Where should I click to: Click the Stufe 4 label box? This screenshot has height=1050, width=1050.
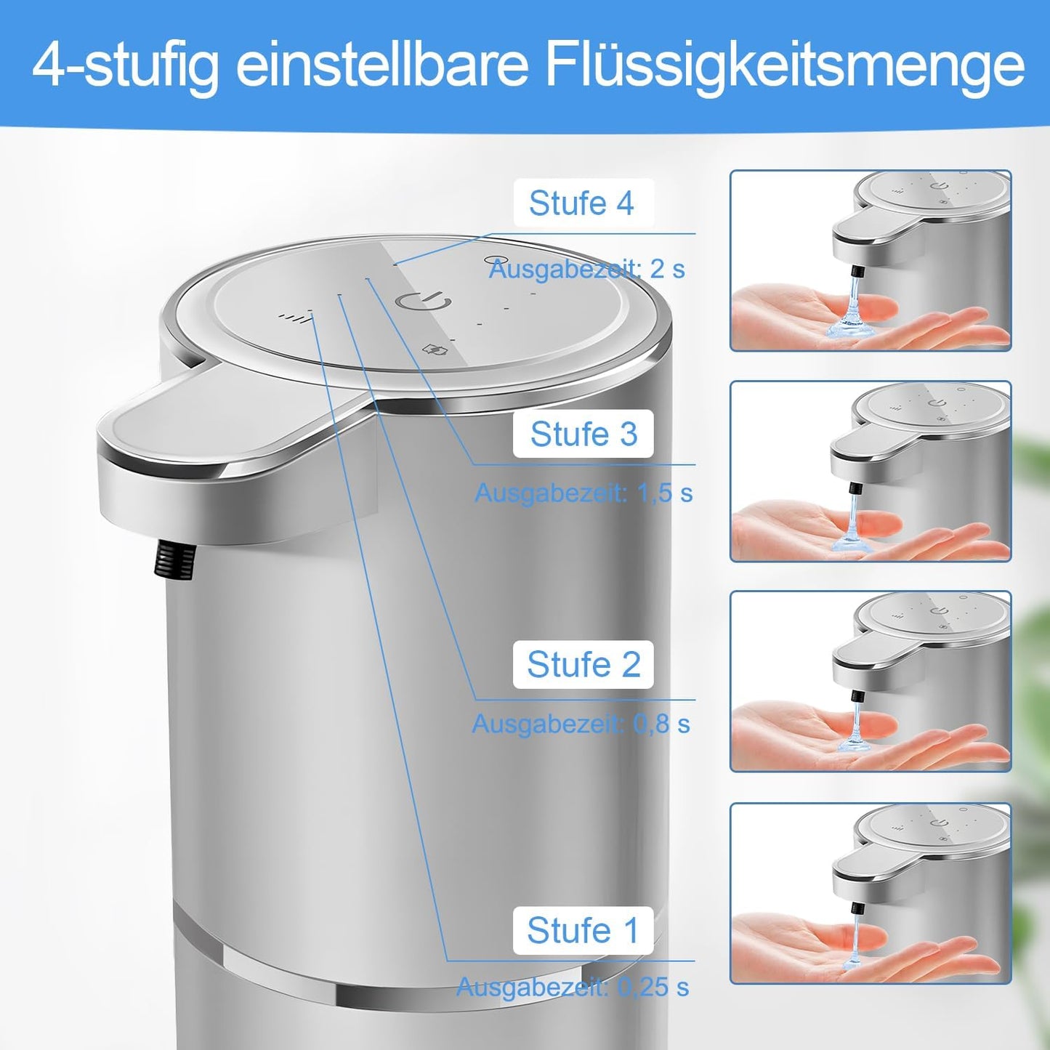click(583, 203)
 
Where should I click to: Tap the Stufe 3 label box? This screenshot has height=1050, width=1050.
click(583, 434)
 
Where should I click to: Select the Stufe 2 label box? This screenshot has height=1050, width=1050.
click(583, 664)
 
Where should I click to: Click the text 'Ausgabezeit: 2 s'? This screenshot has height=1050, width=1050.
click(587, 269)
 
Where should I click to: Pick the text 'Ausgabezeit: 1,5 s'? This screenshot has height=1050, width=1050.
click(583, 493)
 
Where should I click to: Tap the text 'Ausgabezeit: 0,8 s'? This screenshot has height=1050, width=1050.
click(581, 724)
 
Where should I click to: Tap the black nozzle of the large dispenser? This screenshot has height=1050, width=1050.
click(174, 559)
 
